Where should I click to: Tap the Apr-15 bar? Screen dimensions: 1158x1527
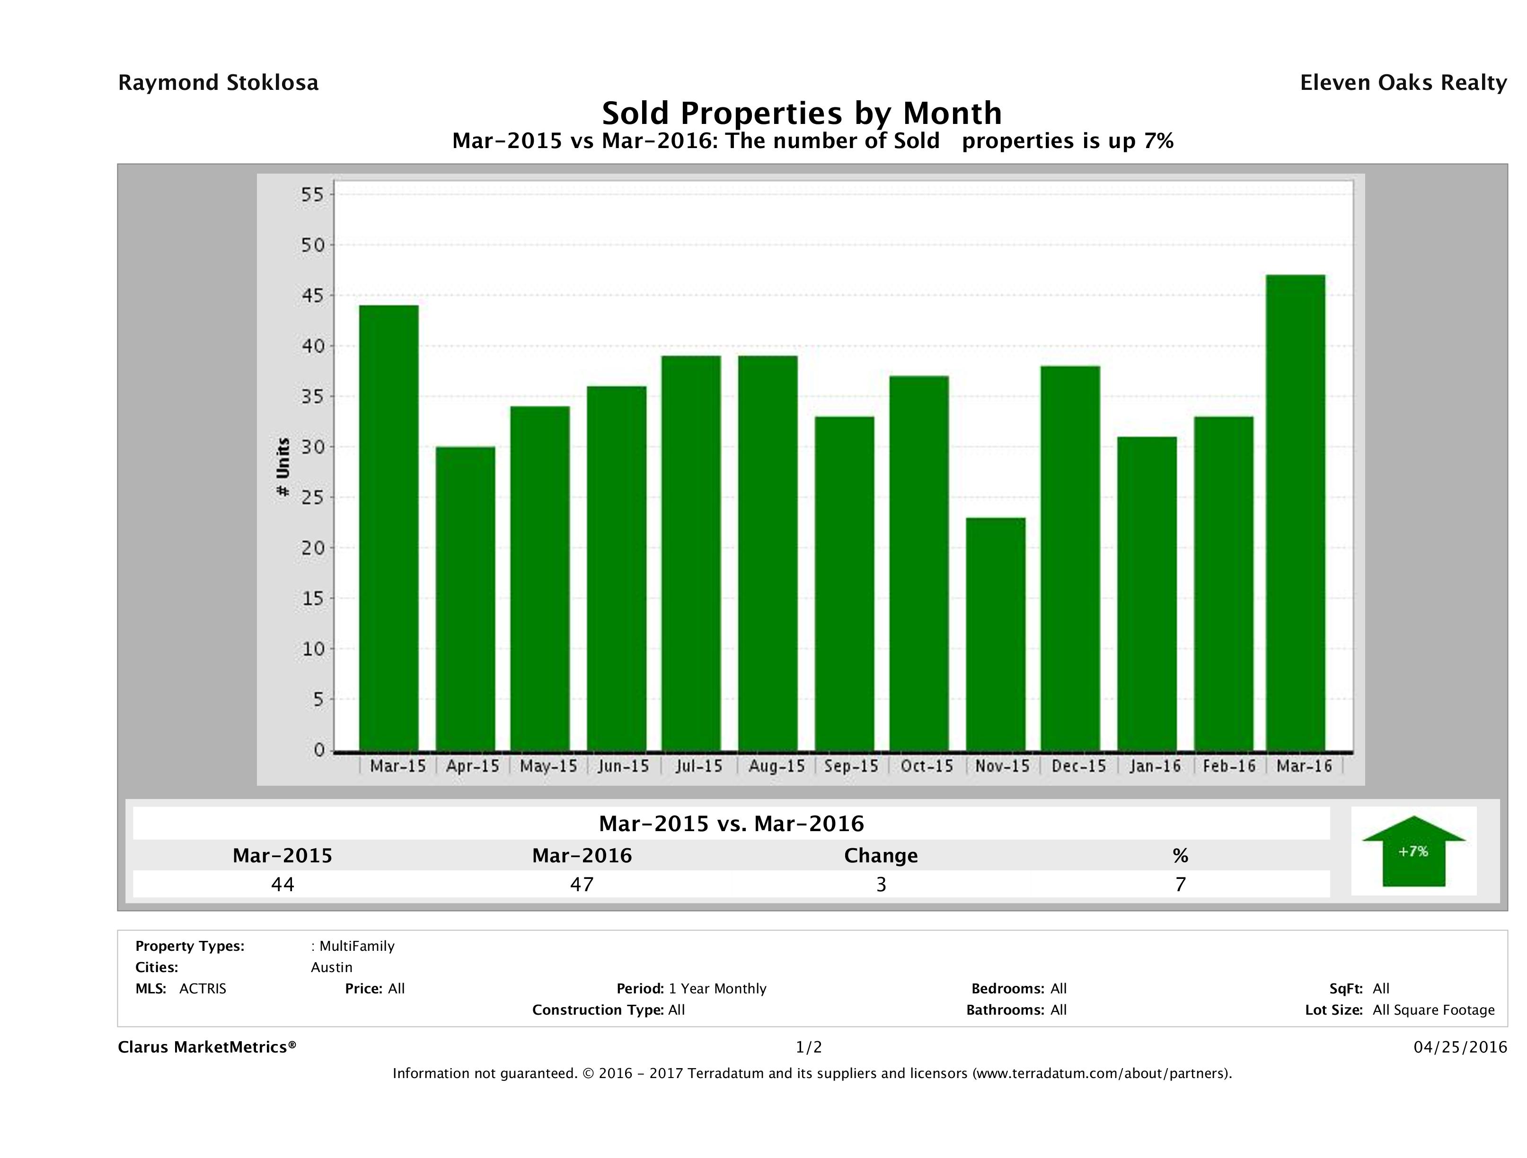[x=465, y=598]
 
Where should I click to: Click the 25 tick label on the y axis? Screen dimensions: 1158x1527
[x=312, y=498]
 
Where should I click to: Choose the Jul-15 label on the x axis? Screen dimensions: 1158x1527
[x=698, y=766]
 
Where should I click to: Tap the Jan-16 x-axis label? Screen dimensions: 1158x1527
[x=1155, y=766]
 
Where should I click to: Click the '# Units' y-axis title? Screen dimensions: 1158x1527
[x=283, y=467]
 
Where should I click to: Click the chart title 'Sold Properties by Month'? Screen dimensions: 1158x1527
[x=802, y=113]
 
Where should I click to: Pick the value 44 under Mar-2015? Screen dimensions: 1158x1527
[x=283, y=884]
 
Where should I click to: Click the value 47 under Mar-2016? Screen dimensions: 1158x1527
[x=582, y=884]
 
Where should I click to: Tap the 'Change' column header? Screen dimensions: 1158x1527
[x=881, y=856]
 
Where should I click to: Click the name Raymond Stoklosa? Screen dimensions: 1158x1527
[x=218, y=83]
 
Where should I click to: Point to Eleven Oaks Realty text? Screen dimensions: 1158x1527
[x=1403, y=83]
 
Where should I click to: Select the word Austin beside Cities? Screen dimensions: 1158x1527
[x=331, y=967]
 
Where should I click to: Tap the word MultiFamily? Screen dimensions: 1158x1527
[x=357, y=946]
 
